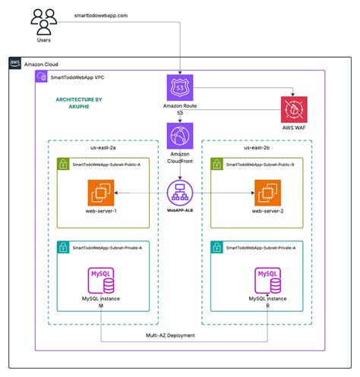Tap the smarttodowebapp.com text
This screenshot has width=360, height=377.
[101, 15]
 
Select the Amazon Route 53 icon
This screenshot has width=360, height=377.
[181, 87]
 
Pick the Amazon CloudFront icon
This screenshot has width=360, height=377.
[181, 137]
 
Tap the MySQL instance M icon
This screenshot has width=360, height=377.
[103, 281]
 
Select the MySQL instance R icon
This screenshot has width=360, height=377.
[267, 281]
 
